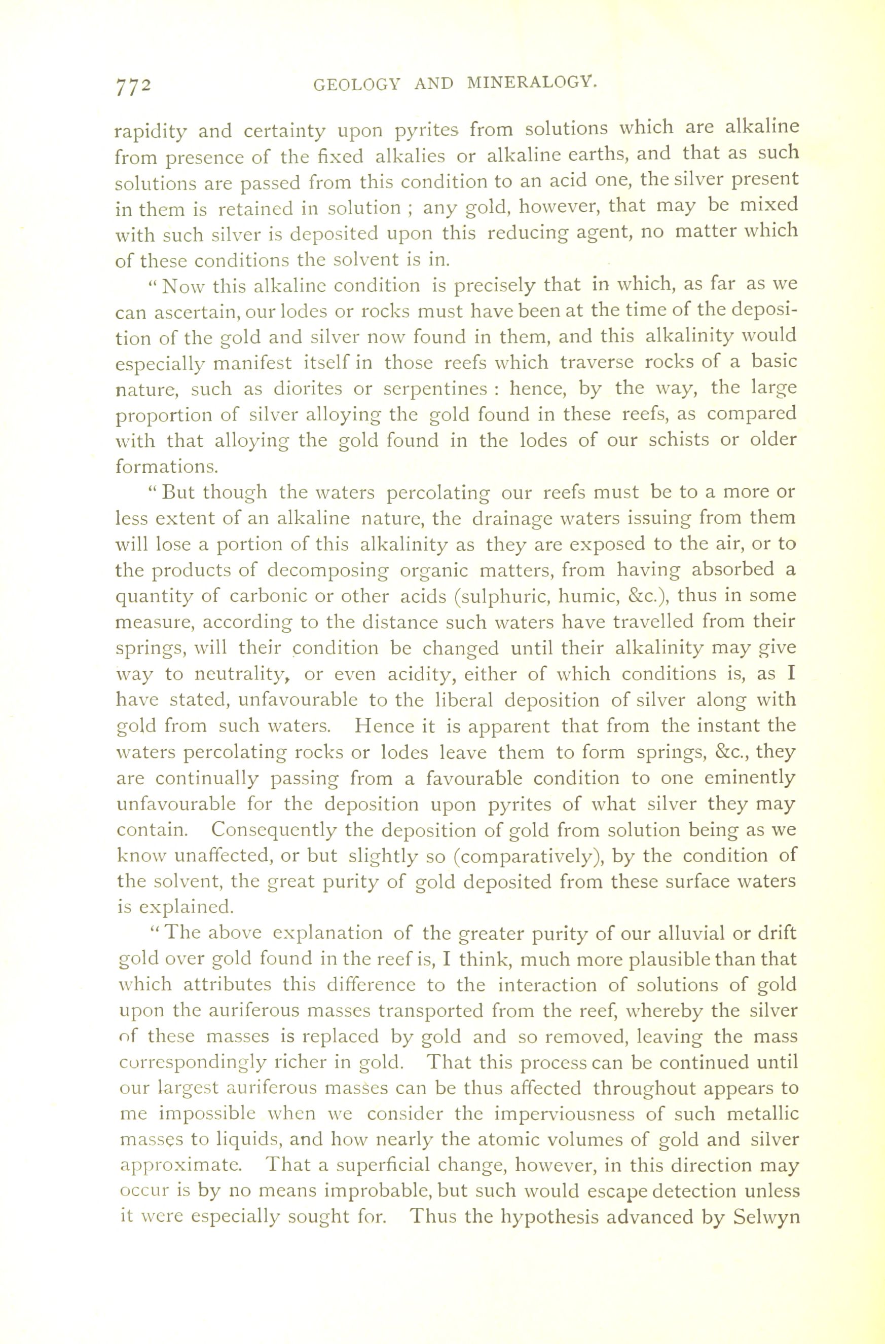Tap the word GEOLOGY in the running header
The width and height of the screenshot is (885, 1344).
click(x=355, y=84)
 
